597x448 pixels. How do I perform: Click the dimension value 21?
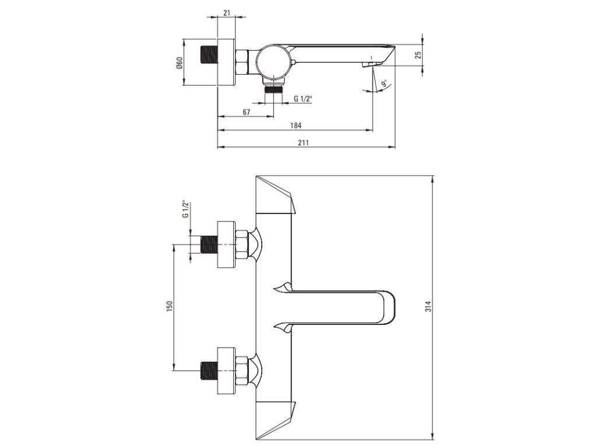click(x=226, y=12)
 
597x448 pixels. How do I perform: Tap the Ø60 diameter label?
click(x=180, y=62)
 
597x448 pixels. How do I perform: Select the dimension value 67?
click(x=246, y=111)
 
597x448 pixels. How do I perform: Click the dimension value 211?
click(x=304, y=142)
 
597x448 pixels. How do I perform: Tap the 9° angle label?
click(x=384, y=85)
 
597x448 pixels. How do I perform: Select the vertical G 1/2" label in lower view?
click(x=185, y=209)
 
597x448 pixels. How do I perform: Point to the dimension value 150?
click(x=169, y=306)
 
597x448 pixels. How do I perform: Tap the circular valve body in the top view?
click(x=272, y=61)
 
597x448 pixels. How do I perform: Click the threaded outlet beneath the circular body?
click(x=272, y=89)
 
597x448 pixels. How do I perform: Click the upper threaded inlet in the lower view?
click(x=208, y=244)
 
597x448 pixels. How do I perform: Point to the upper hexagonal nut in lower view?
click(x=242, y=244)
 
